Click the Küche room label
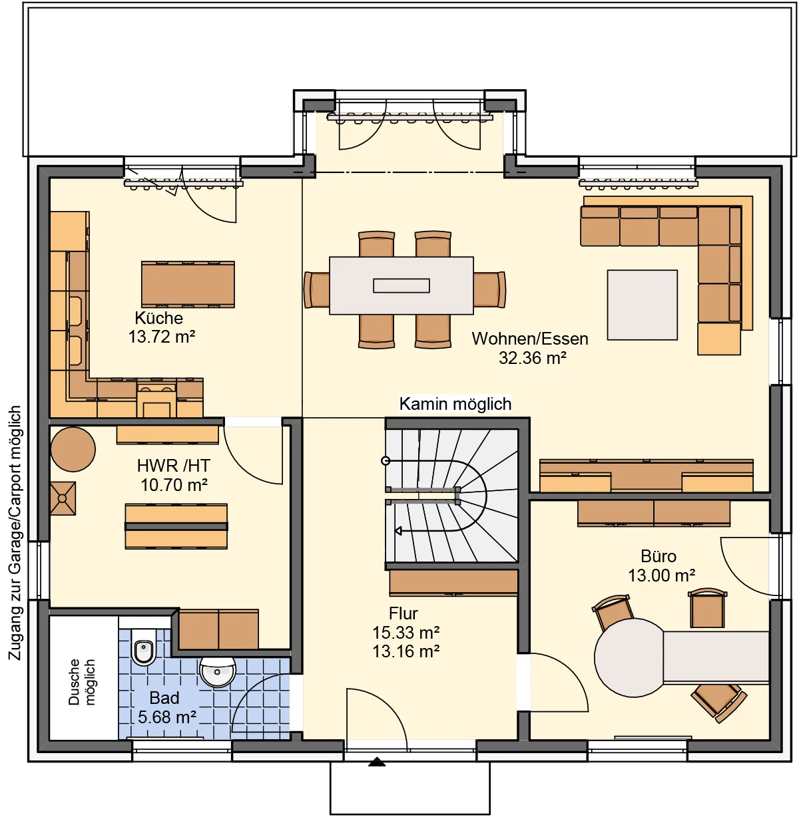pos(158,318)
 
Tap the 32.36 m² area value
pos(532,358)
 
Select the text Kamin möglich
pos(455,404)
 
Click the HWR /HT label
pos(174,466)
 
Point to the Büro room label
pos(659,556)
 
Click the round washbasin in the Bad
pos(217,671)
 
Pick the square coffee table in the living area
pos(642,305)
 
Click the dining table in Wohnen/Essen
pos(401,285)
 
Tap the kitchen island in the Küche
pos(188,284)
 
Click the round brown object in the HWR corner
pos(73,449)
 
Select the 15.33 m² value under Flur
pos(405,632)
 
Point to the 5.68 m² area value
pos(166,717)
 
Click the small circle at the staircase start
pos(386,461)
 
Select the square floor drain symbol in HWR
pos(63,498)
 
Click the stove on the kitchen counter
pos(156,398)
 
